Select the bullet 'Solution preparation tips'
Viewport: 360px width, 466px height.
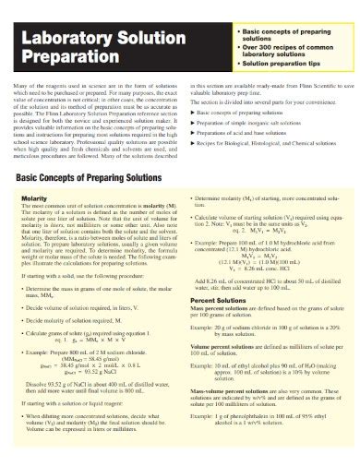(292, 67)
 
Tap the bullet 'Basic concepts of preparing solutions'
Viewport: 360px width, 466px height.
(290, 37)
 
